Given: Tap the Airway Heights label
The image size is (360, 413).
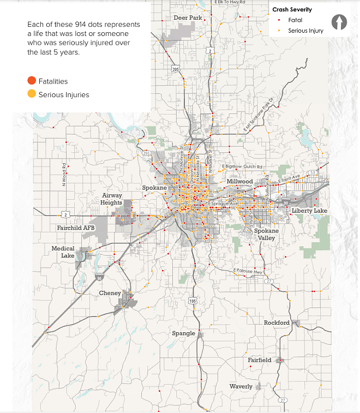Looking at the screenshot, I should (x=112, y=199).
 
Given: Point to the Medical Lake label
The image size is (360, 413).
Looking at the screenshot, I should (x=63, y=252).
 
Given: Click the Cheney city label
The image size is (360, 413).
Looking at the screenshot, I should (x=110, y=293).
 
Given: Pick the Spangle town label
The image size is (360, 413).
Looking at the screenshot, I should (x=183, y=333).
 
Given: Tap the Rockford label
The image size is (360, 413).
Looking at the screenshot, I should (x=277, y=322).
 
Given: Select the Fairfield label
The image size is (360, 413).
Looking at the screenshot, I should (x=260, y=360).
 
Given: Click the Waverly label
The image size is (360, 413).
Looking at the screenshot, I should (x=241, y=386).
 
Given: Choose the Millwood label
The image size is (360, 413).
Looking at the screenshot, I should (x=239, y=181).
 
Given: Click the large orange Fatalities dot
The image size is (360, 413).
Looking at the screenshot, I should (x=32, y=81).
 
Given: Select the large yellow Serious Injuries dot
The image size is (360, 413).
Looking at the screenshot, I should (x=32, y=94).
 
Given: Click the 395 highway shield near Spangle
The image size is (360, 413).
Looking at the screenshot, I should (x=193, y=301).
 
